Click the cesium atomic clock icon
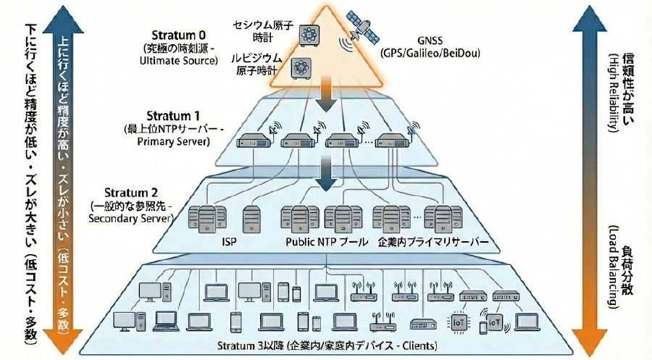click(x=309, y=34)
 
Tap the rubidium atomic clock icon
click(x=299, y=68)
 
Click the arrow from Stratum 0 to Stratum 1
click(x=326, y=96)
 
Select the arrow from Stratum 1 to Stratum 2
click(x=327, y=174)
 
